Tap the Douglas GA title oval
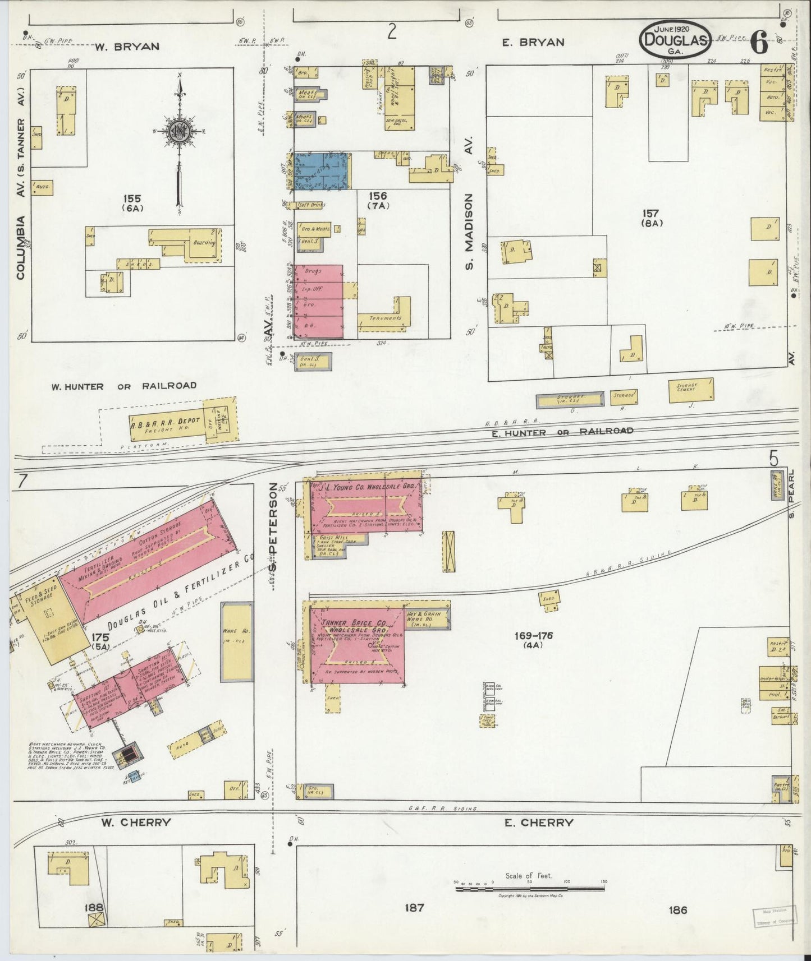(675, 39)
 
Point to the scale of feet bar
(530, 889)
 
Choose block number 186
(678, 909)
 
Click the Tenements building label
(385, 318)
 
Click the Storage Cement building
(691, 391)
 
